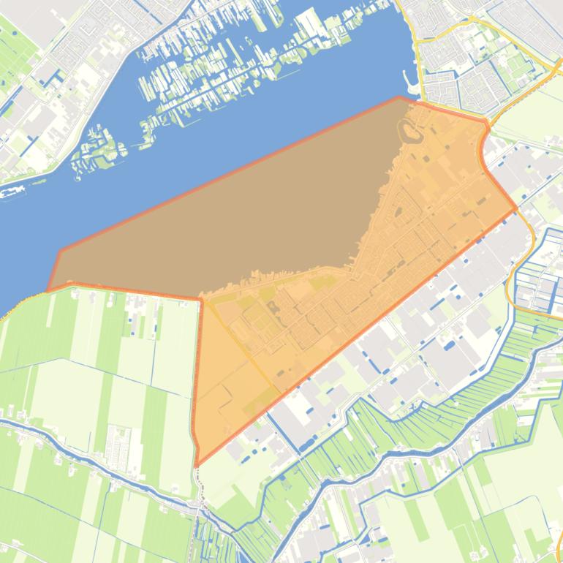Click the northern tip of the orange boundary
(399, 97)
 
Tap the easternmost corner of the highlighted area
(515, 208)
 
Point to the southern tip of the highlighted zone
(197, 465)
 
